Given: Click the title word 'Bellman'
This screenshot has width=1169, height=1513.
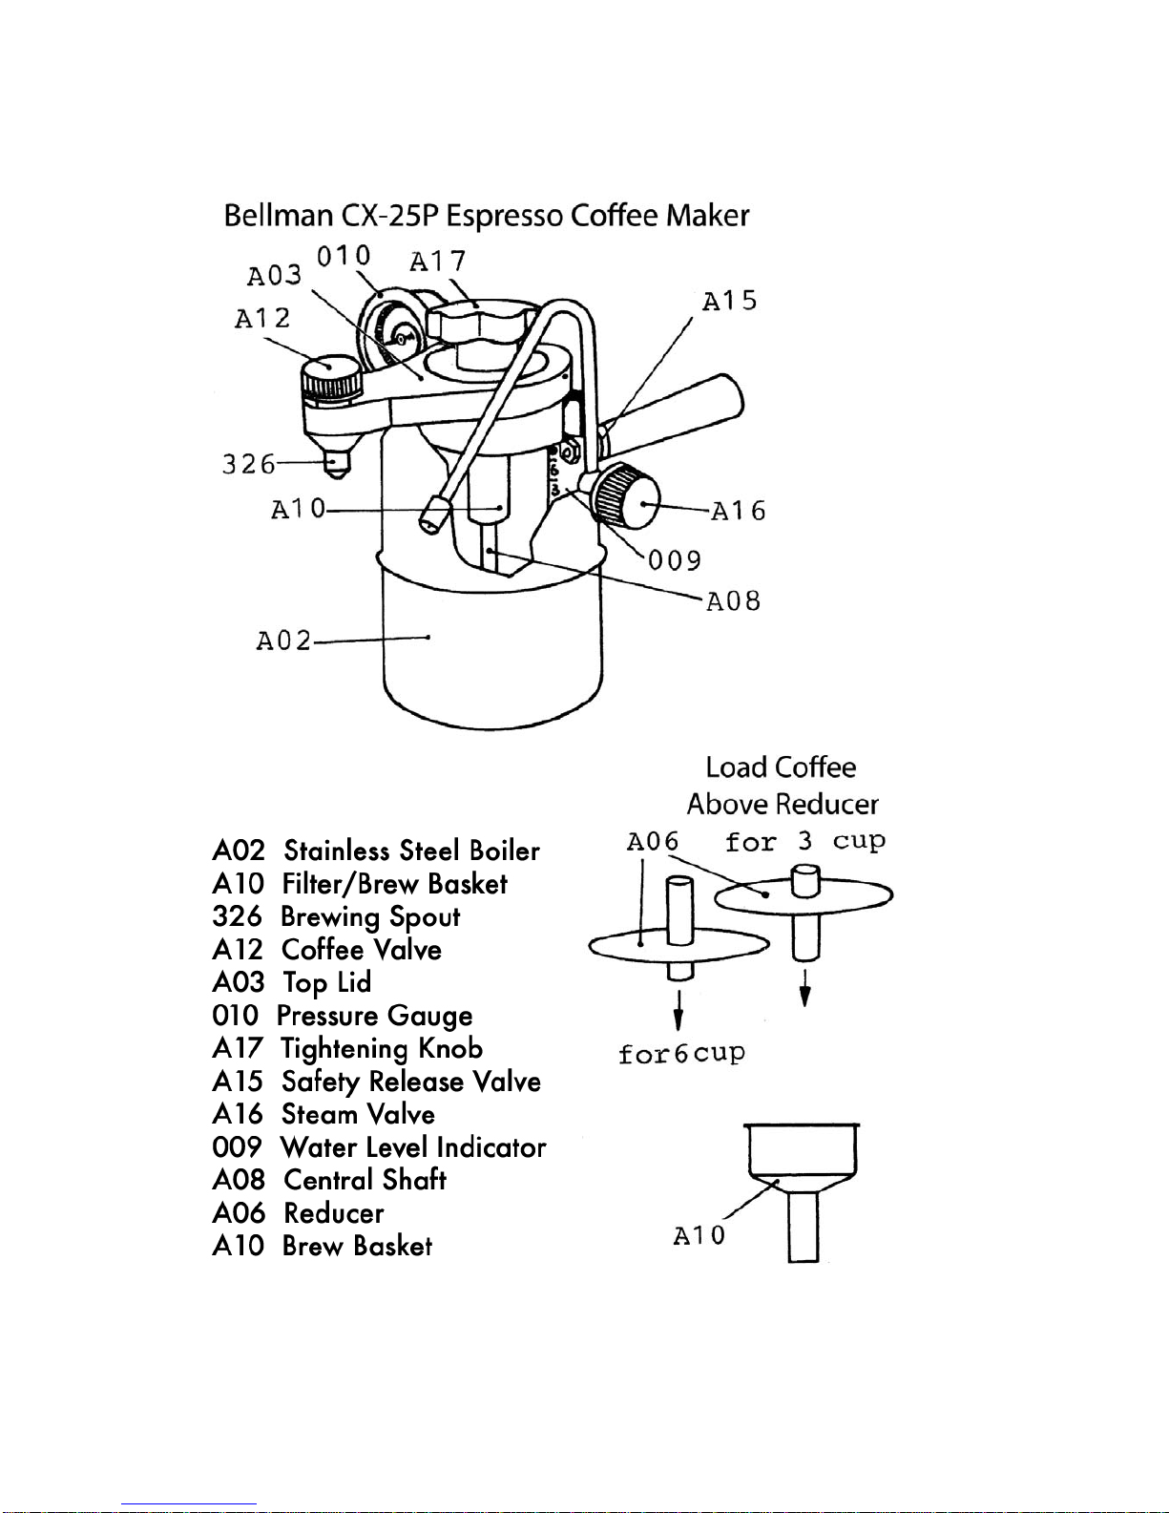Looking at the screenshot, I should point(278,216).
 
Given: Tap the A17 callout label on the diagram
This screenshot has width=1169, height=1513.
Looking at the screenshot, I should point(437,261).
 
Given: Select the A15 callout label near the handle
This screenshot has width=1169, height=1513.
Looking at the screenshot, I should point(729,302).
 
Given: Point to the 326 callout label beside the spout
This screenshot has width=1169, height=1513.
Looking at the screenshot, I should point(248,465).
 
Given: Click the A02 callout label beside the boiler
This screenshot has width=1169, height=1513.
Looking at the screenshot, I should point(283,640).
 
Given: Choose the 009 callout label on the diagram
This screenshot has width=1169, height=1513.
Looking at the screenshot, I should point(675,560).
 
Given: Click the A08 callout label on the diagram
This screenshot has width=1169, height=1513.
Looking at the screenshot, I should point(733,601).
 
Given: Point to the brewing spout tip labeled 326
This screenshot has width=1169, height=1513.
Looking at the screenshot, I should point(336,467).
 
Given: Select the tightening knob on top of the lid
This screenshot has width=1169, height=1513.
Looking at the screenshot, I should point(480,320).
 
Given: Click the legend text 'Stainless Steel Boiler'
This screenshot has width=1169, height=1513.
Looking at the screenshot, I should point(411,851).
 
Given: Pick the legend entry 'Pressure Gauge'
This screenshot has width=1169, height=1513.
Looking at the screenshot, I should point(374,1016).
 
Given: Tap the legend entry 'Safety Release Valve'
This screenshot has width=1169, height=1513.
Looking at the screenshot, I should point(410,1082).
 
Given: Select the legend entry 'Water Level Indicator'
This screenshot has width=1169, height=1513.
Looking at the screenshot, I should point(412,1147).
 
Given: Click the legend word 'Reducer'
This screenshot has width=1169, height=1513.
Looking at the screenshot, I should point(334,1213).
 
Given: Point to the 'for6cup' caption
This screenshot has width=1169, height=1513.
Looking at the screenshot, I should point(680,1054).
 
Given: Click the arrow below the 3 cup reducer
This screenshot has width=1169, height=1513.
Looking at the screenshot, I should point(805,988).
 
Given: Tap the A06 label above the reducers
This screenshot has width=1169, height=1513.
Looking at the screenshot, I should point(653,842).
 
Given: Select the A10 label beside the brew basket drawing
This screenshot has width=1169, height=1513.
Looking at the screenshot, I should point(699,1236).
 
